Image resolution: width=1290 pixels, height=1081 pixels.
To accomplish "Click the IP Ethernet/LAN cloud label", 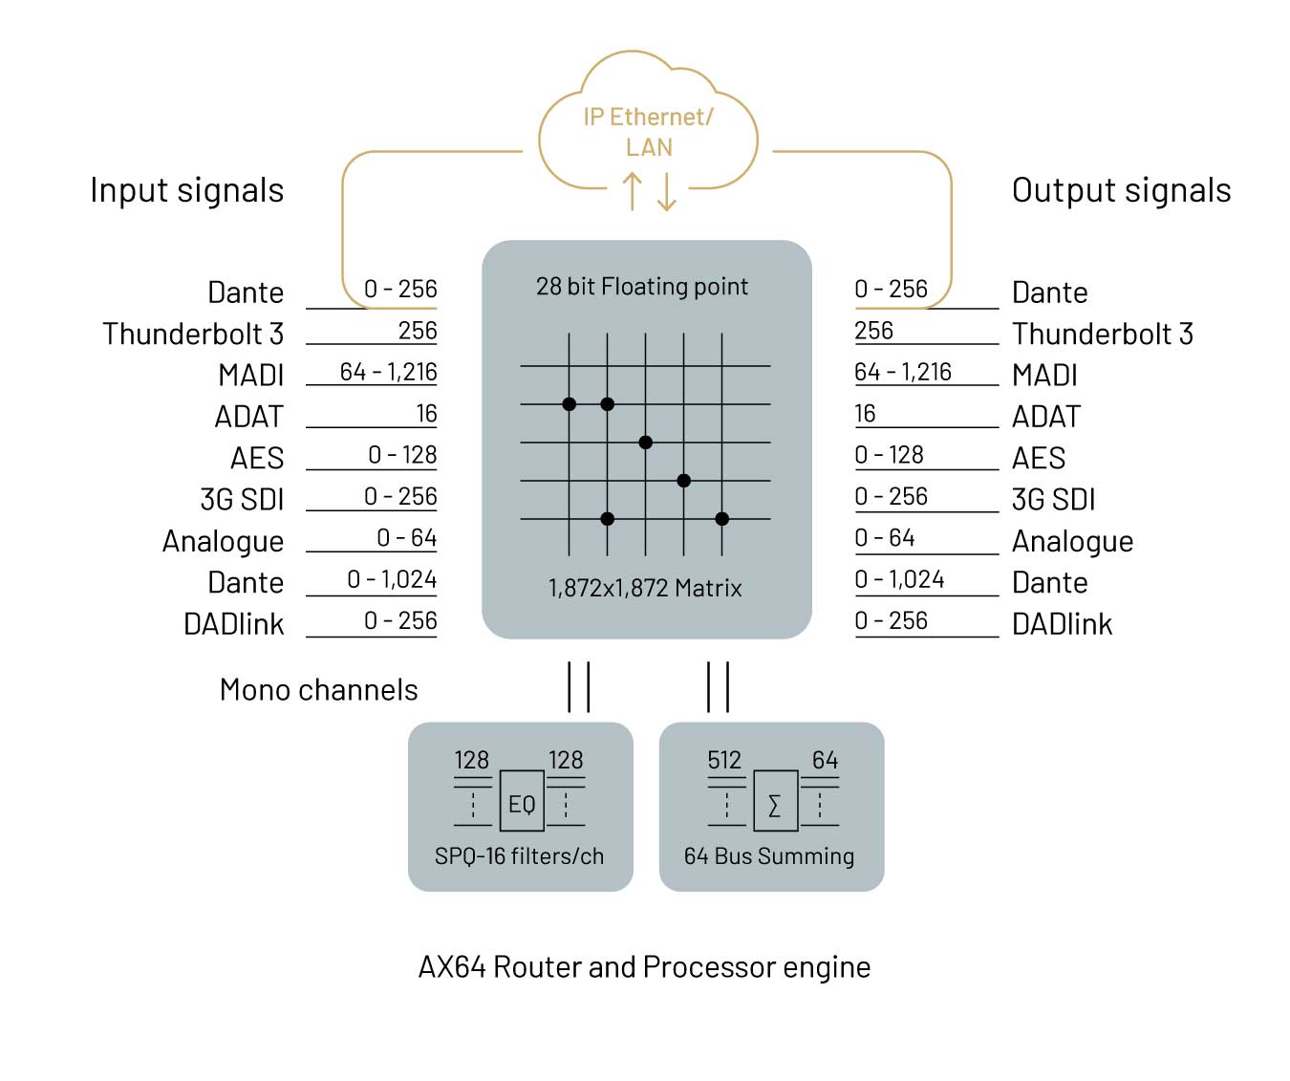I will click(x=648, y=132).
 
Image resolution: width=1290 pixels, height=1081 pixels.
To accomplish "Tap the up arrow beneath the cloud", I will click(x=632, y=191).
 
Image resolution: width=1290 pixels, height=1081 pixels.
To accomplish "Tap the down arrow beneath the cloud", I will click(x=667, y=191).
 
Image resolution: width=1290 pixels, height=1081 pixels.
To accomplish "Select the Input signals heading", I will click(x=187, y=190).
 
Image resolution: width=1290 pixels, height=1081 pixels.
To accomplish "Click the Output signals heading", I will click(x=1121, y=190).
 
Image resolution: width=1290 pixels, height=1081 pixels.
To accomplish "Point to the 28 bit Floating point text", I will click(x=642, y=287).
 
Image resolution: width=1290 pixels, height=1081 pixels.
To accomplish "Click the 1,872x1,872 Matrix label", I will click(x=645, y=588).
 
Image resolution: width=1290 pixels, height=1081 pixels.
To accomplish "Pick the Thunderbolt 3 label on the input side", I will click(x=193, y=334).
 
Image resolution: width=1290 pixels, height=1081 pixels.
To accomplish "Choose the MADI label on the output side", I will click(x=1044, y=375).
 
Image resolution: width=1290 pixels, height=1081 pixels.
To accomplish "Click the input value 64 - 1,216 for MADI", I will click(x=388, y=372).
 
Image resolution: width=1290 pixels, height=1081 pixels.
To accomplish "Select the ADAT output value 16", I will click(x=865, y=414).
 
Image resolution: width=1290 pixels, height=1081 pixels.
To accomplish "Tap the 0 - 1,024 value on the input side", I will click(x=392, y=579).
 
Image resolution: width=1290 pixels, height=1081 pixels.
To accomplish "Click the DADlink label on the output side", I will click(x=1062, y=624).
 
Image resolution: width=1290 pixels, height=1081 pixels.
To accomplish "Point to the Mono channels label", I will click(x=319, y=690).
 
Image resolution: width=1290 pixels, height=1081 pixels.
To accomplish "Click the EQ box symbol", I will click(x=522, y=804).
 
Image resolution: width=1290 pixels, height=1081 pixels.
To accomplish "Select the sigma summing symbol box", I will click(x=774, y=804).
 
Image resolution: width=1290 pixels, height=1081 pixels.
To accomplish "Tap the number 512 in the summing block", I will click(x=724, y=760).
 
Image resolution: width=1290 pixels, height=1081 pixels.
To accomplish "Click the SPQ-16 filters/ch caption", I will click(x=519, y=856).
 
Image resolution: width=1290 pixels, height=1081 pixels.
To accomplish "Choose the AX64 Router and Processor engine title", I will click(x=644, y=967).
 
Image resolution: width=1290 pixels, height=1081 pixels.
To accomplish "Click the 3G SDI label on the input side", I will click(x=242, y=500).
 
